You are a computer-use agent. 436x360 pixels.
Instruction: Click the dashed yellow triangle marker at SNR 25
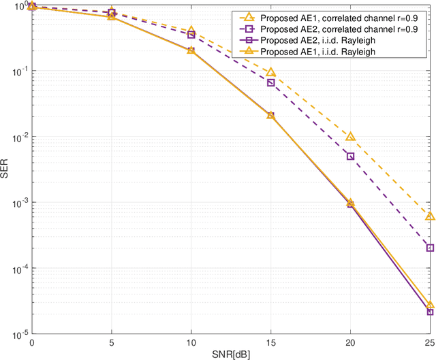click(430, 216)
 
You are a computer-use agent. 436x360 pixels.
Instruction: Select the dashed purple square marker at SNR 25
click(430, 248)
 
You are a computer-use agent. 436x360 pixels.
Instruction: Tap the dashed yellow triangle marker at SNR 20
click(350, 137)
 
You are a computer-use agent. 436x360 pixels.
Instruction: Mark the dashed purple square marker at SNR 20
click(350, 157)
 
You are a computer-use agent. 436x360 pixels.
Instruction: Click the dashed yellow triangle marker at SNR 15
click(270, 72)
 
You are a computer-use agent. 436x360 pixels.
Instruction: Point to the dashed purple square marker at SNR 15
click(270, 82)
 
